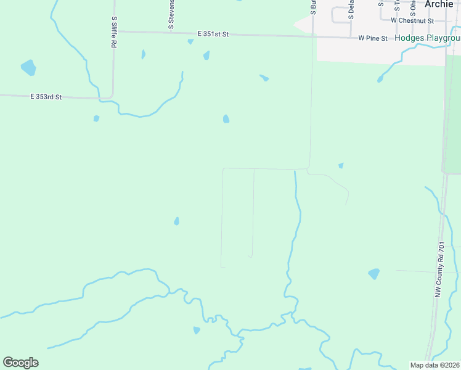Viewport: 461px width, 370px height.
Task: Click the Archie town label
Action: [439, 4]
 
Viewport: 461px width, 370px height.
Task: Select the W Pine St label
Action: [373, 38]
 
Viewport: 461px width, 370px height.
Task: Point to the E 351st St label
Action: [213, 34]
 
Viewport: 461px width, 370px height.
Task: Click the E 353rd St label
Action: [46, 97]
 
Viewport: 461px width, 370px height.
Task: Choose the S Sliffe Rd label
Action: [114, 32]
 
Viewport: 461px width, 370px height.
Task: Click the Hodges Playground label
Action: [427, 38]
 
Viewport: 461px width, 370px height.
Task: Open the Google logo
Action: [20, 363]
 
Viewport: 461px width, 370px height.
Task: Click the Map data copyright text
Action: [435, 365]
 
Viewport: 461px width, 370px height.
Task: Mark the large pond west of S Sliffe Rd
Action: [28, 67]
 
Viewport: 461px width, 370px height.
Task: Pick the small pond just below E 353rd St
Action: [96, 118]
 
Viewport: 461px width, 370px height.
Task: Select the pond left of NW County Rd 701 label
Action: [373, 273]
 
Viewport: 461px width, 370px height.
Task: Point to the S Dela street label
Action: [351, 9]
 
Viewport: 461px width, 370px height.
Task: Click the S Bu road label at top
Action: [313, 7]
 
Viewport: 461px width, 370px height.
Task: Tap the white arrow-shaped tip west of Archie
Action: [298, 25]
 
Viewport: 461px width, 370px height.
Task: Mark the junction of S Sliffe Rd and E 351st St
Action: [114, 31]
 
